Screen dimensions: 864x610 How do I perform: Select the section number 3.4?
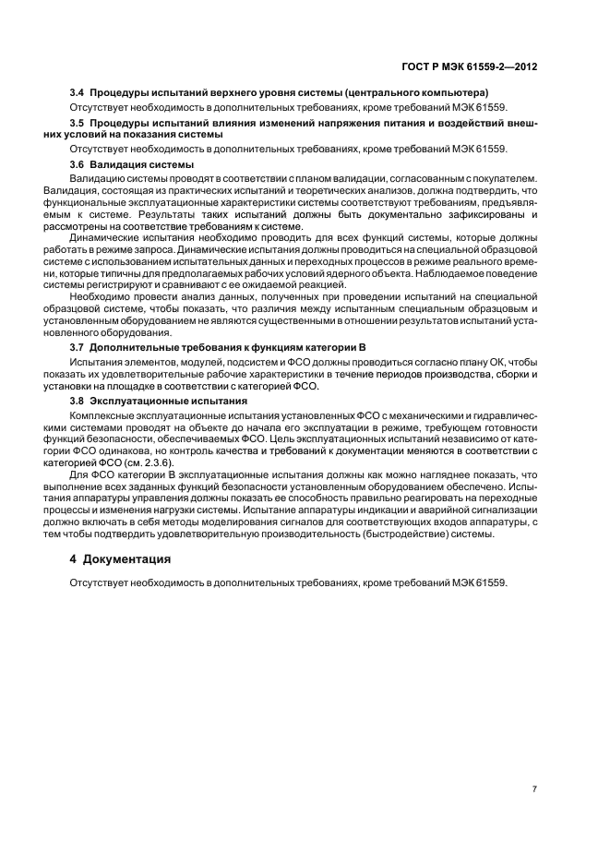point(78,94)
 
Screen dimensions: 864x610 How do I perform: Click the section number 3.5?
point(78,122)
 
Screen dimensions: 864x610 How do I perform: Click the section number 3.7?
point(78,345)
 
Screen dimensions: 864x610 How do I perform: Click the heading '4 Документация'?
point(120,558)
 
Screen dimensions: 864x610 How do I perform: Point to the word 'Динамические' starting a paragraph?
point(101,236)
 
